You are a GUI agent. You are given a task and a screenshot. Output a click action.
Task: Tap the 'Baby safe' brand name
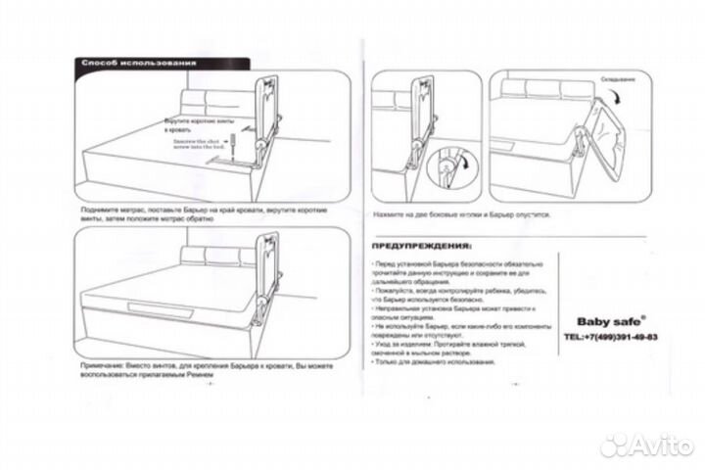(604, 320)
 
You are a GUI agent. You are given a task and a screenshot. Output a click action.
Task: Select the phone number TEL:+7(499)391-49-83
(610, 337)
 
